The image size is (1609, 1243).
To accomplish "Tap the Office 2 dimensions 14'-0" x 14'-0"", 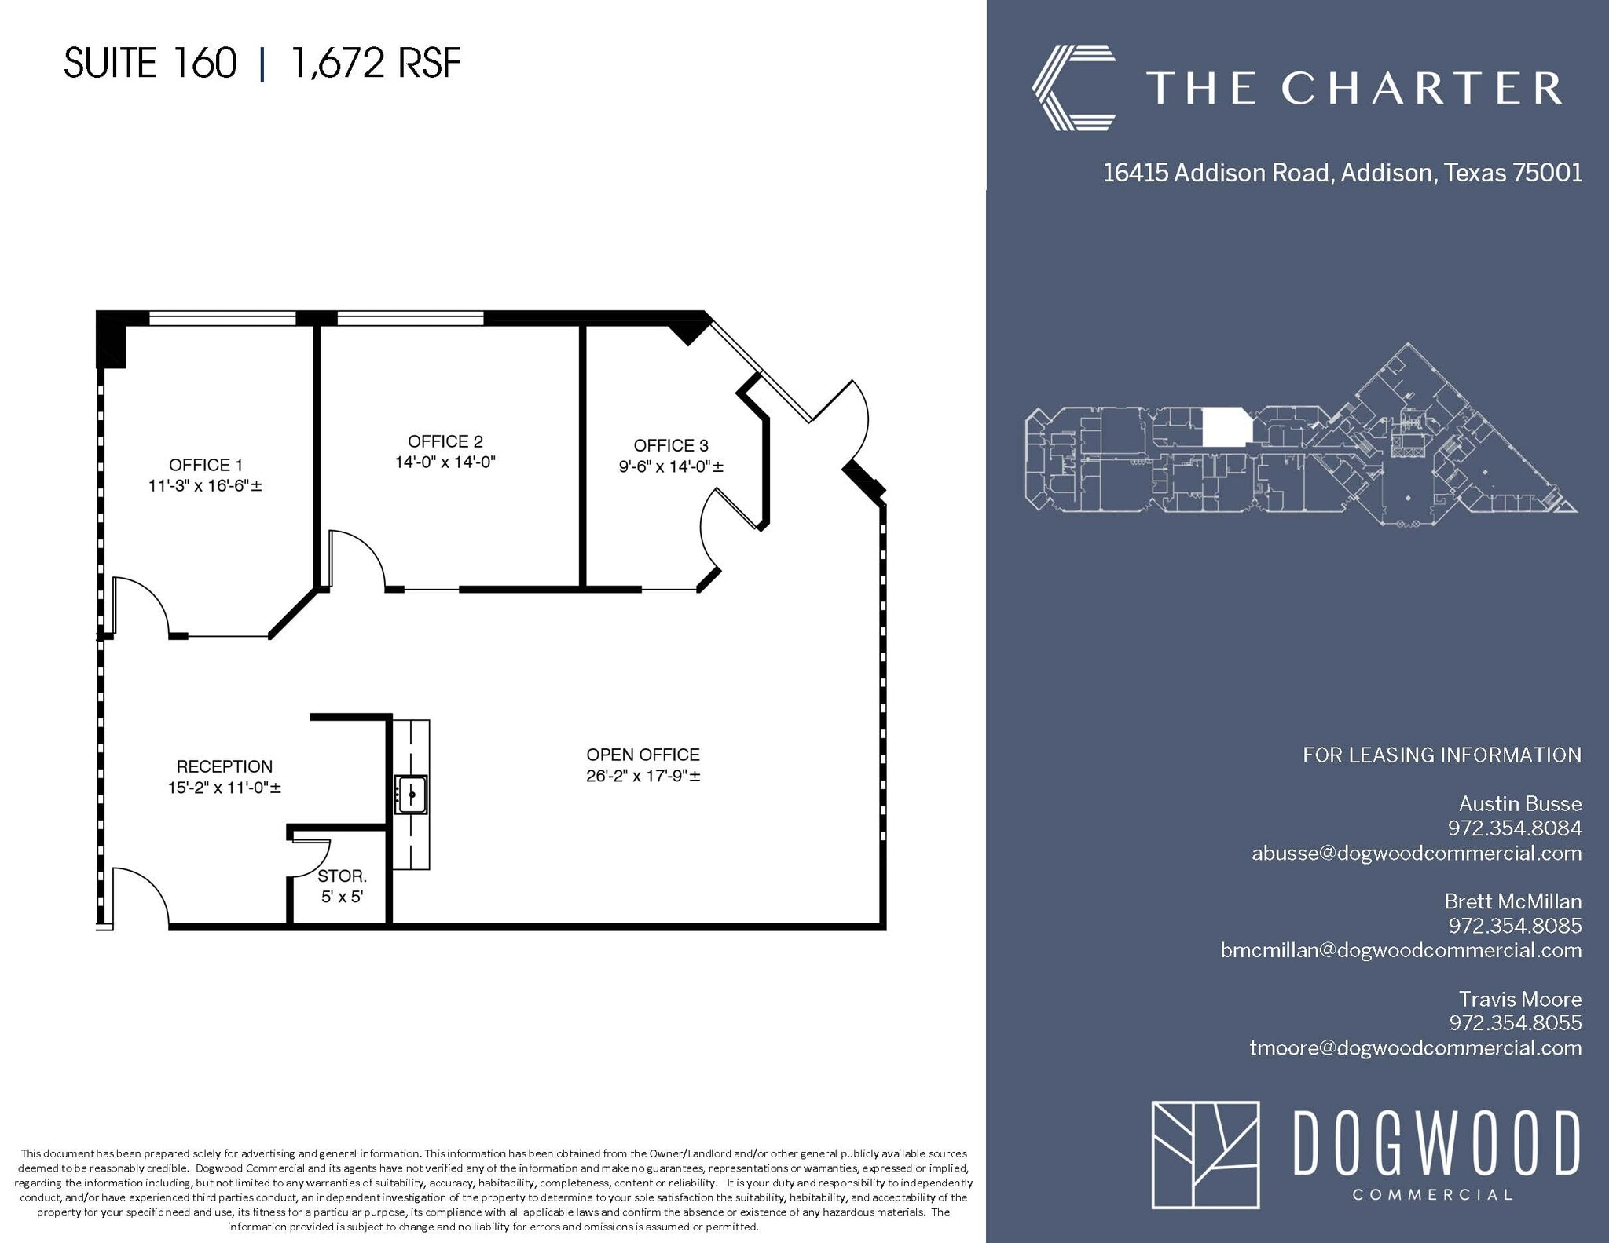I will click(445, 462).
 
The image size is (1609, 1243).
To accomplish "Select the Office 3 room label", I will click(670, 446).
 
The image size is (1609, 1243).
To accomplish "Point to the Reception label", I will click(225, 766).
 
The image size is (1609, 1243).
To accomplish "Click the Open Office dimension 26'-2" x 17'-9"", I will click(643, 776).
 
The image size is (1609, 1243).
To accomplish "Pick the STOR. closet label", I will click(342, 876).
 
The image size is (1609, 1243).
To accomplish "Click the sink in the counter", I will click(411, 793).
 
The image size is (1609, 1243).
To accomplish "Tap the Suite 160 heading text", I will click(150, 63).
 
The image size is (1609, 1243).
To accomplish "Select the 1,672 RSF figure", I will click(376, 63).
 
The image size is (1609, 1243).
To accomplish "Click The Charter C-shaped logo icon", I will click(1073, 87).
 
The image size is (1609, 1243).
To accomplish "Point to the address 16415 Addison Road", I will click(1218, 173).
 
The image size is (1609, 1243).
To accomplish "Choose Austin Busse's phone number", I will click(1514, 828).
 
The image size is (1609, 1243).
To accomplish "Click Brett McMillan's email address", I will click(1401, 950).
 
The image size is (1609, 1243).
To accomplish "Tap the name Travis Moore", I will click(1519, 999).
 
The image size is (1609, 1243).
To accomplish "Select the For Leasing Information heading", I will click(1442, 755).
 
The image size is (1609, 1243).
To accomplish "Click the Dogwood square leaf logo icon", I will click(1205, 1154).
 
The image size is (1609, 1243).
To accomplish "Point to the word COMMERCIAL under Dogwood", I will click(1432, 1195).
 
